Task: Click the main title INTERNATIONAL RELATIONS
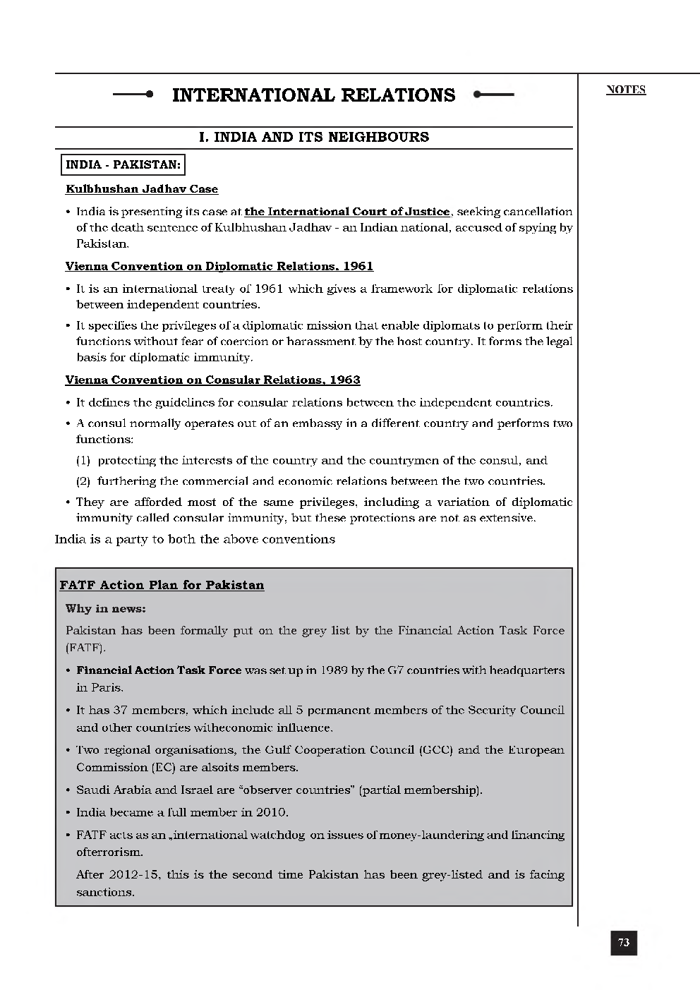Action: click(x=313, y=95)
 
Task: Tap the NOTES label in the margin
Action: click(x=625, y=90)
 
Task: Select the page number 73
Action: click(x=624, y=943)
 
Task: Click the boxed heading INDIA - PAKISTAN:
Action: click(x=123, y=165)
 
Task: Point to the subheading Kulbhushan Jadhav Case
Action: click(x=142, y=189)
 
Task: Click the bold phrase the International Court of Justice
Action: click(x=346, y=212)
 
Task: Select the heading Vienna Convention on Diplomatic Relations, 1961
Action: click(x=219, y=266)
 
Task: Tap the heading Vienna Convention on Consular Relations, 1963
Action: click(x=212, y=380)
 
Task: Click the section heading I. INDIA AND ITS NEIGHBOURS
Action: click(x=314, y=137)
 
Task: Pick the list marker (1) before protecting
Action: click(x=83, y=460)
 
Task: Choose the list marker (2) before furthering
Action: click(x=83, y=481)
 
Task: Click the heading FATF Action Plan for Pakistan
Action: click(x=162, y=585)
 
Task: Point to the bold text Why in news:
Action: click(x=105, y=608)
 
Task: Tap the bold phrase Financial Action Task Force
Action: click(x=159, y=670)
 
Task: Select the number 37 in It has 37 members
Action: click(x=119, y=711)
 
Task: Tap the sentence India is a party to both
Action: click(x=195, y=539)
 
